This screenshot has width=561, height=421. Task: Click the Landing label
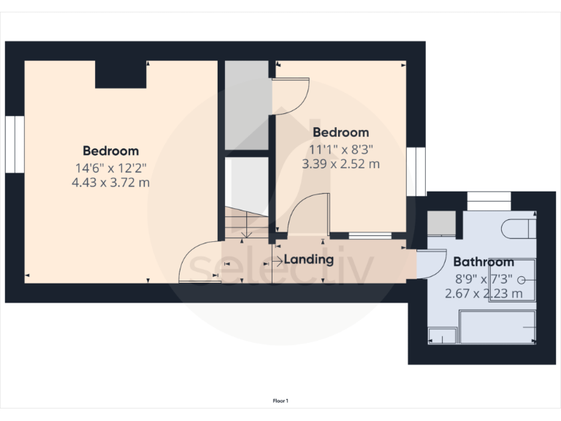308,259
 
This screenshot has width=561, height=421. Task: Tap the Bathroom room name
484,262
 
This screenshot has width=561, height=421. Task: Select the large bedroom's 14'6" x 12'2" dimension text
110,167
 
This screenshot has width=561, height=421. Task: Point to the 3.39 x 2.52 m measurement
340,164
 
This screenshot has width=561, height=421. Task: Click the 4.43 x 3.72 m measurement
110,183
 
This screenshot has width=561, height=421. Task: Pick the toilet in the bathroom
520,227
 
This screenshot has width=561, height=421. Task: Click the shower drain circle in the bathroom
521,278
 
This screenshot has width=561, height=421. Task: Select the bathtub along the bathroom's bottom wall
497,326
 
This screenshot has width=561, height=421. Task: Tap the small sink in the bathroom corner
440,335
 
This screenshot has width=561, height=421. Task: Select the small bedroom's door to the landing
307,215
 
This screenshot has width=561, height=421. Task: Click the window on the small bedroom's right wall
416,171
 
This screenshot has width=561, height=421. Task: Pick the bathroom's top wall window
489,200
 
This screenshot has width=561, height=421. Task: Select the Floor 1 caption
280,401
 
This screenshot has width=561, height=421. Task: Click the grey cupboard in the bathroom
440,222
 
